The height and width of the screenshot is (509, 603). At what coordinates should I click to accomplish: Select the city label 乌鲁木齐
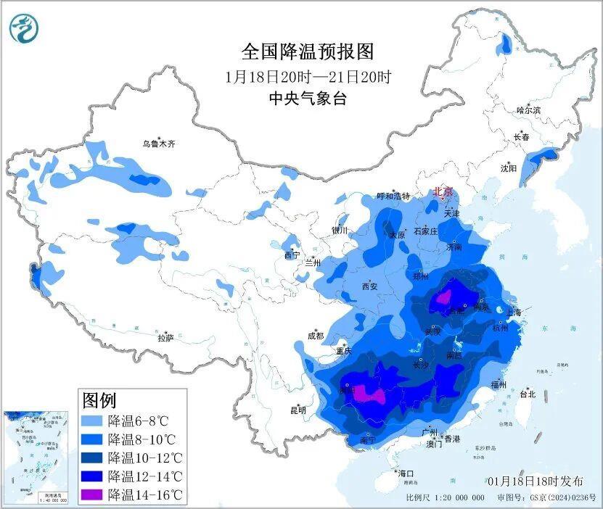[158, 144]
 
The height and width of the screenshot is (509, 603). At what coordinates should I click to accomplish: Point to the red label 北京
[443, 192]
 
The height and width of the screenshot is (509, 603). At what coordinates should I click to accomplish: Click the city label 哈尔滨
[528, 110]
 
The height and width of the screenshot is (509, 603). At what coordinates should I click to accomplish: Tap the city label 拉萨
[165, 338]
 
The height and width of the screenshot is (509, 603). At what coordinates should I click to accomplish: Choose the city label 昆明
[298, 410]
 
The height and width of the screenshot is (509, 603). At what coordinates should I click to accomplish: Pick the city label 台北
[528, 394]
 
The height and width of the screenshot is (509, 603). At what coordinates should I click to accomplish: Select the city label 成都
[315, 336]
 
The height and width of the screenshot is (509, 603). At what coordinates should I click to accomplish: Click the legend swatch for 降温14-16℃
[92, 495]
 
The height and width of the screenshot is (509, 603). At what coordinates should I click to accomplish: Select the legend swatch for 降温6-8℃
[92, 421]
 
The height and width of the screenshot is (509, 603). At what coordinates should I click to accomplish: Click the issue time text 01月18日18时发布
[535, 481]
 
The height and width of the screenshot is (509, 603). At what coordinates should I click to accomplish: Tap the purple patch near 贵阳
[367, 394]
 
